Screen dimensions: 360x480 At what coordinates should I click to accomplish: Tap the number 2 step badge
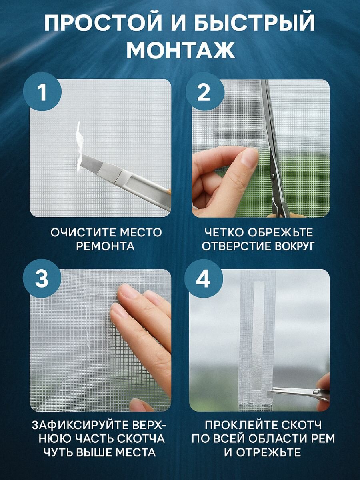(205, 93)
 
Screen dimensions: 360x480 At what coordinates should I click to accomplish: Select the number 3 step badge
(42, 279)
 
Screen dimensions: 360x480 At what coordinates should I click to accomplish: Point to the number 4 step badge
(204, 279)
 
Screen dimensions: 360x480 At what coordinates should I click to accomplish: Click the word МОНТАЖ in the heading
(181, 50)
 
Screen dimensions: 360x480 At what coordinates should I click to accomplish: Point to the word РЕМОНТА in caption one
(105, 246)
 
